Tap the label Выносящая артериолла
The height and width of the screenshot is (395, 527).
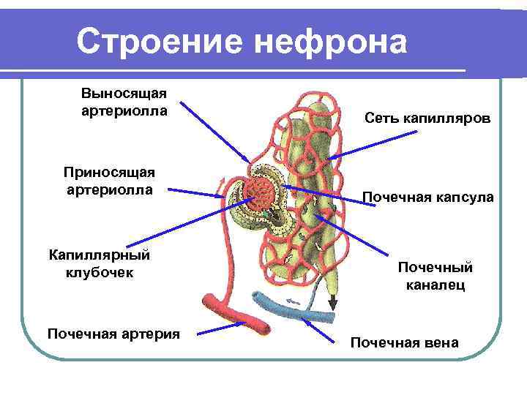(124, 102)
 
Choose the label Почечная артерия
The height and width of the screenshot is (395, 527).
(113, 334)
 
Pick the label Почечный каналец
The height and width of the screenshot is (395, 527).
(436, 276)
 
